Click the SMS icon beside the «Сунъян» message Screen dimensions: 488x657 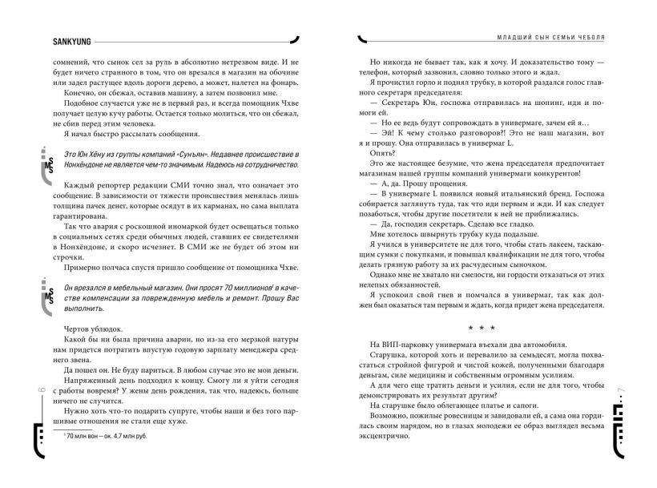point(47,165)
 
